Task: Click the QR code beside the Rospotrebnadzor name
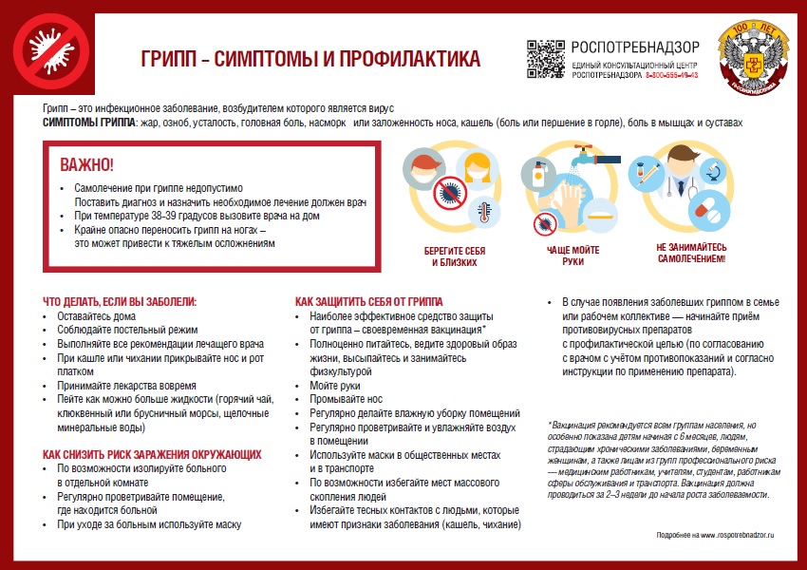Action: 545,59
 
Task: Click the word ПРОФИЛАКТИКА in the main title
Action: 404,59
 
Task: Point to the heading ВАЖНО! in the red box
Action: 86,164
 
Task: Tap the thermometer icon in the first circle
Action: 484,210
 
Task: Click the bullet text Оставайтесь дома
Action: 96,316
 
